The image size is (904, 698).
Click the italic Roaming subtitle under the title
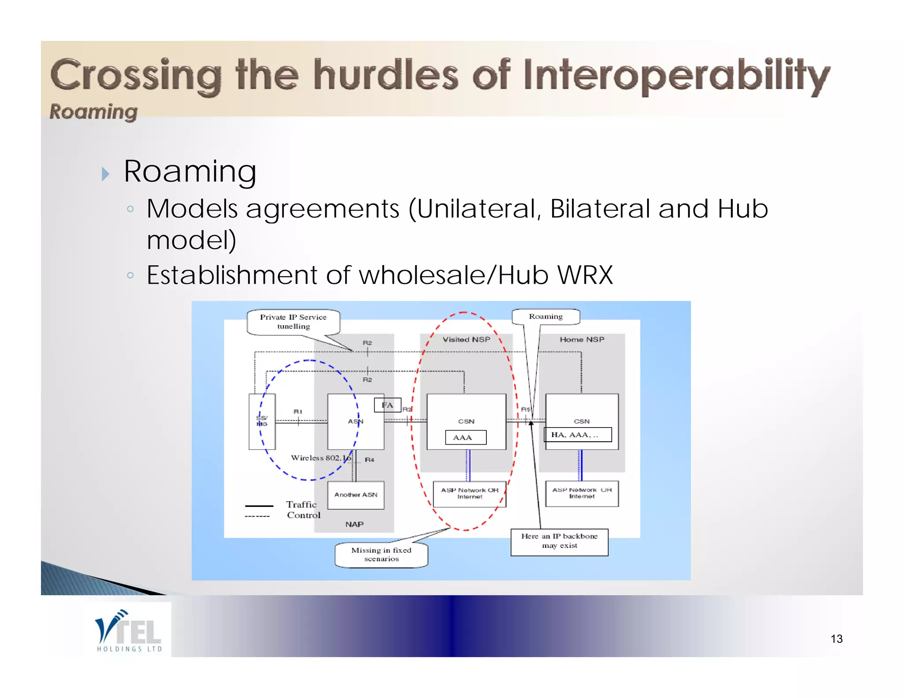[94, 111]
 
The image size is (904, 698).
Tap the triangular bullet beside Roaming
[105, 174]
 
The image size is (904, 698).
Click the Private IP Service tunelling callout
[293, 322]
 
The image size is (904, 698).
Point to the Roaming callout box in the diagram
[546, 316]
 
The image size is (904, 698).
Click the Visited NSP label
[466, 339]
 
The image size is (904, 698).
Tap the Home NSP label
[582, 339]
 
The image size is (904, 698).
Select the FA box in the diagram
[387, 405]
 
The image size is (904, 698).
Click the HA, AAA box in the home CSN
[577, 435]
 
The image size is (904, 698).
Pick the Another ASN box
[356, 495]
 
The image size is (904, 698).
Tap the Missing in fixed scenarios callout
[381, 555]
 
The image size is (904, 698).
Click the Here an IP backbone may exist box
[559, 541]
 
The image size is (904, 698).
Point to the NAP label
[354, 524]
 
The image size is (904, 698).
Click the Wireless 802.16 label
[320, 458]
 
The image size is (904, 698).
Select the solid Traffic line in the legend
[259, 506]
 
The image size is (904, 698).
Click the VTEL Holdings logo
[128, 630]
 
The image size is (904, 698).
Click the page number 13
[836, 639]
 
